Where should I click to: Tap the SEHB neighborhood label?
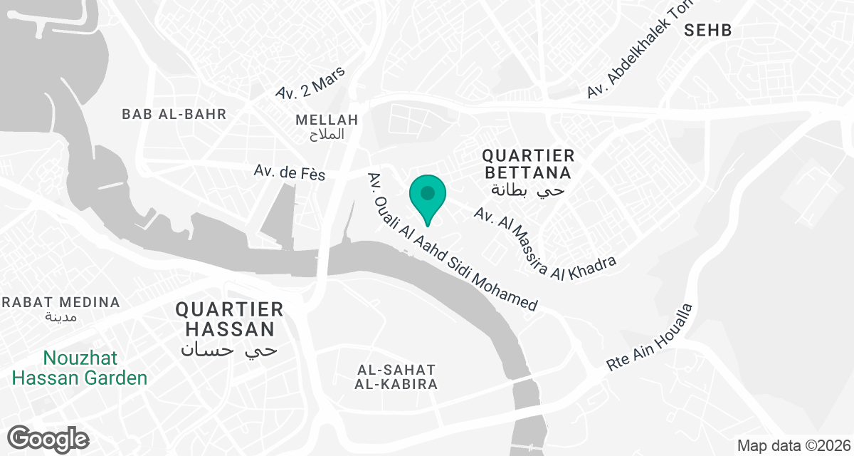coord(707,30)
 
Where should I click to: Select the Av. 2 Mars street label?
coord(310,83)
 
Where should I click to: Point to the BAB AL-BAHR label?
coord(174,114)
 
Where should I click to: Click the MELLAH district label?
coord(328,119)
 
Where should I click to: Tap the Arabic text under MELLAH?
coord(328,134)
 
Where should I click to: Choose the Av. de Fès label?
coord(289,172)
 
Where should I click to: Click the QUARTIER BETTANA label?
coord(527,164)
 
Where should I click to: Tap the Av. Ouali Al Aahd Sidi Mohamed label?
coord(452,242)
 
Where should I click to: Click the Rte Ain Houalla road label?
coord(649,337)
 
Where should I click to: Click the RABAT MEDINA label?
coord(60,302)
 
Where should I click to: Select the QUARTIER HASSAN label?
coord(229,318)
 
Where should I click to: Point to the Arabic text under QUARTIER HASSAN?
coord(229,350)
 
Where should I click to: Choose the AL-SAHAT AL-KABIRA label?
coord(397,377)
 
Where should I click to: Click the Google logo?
coord(48,438)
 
